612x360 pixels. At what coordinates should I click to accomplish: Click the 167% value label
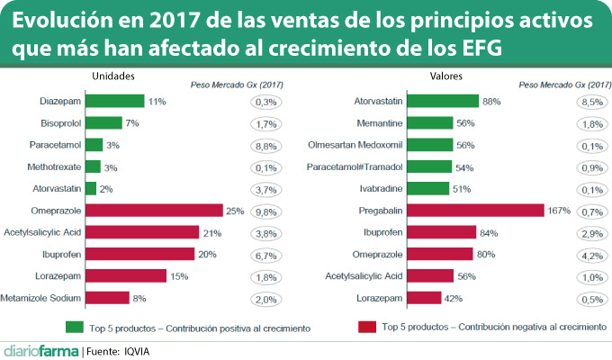pyautogui.click(x=561, y=211)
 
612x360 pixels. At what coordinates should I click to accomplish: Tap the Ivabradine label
pyautogui.click(x=384, y=188)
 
